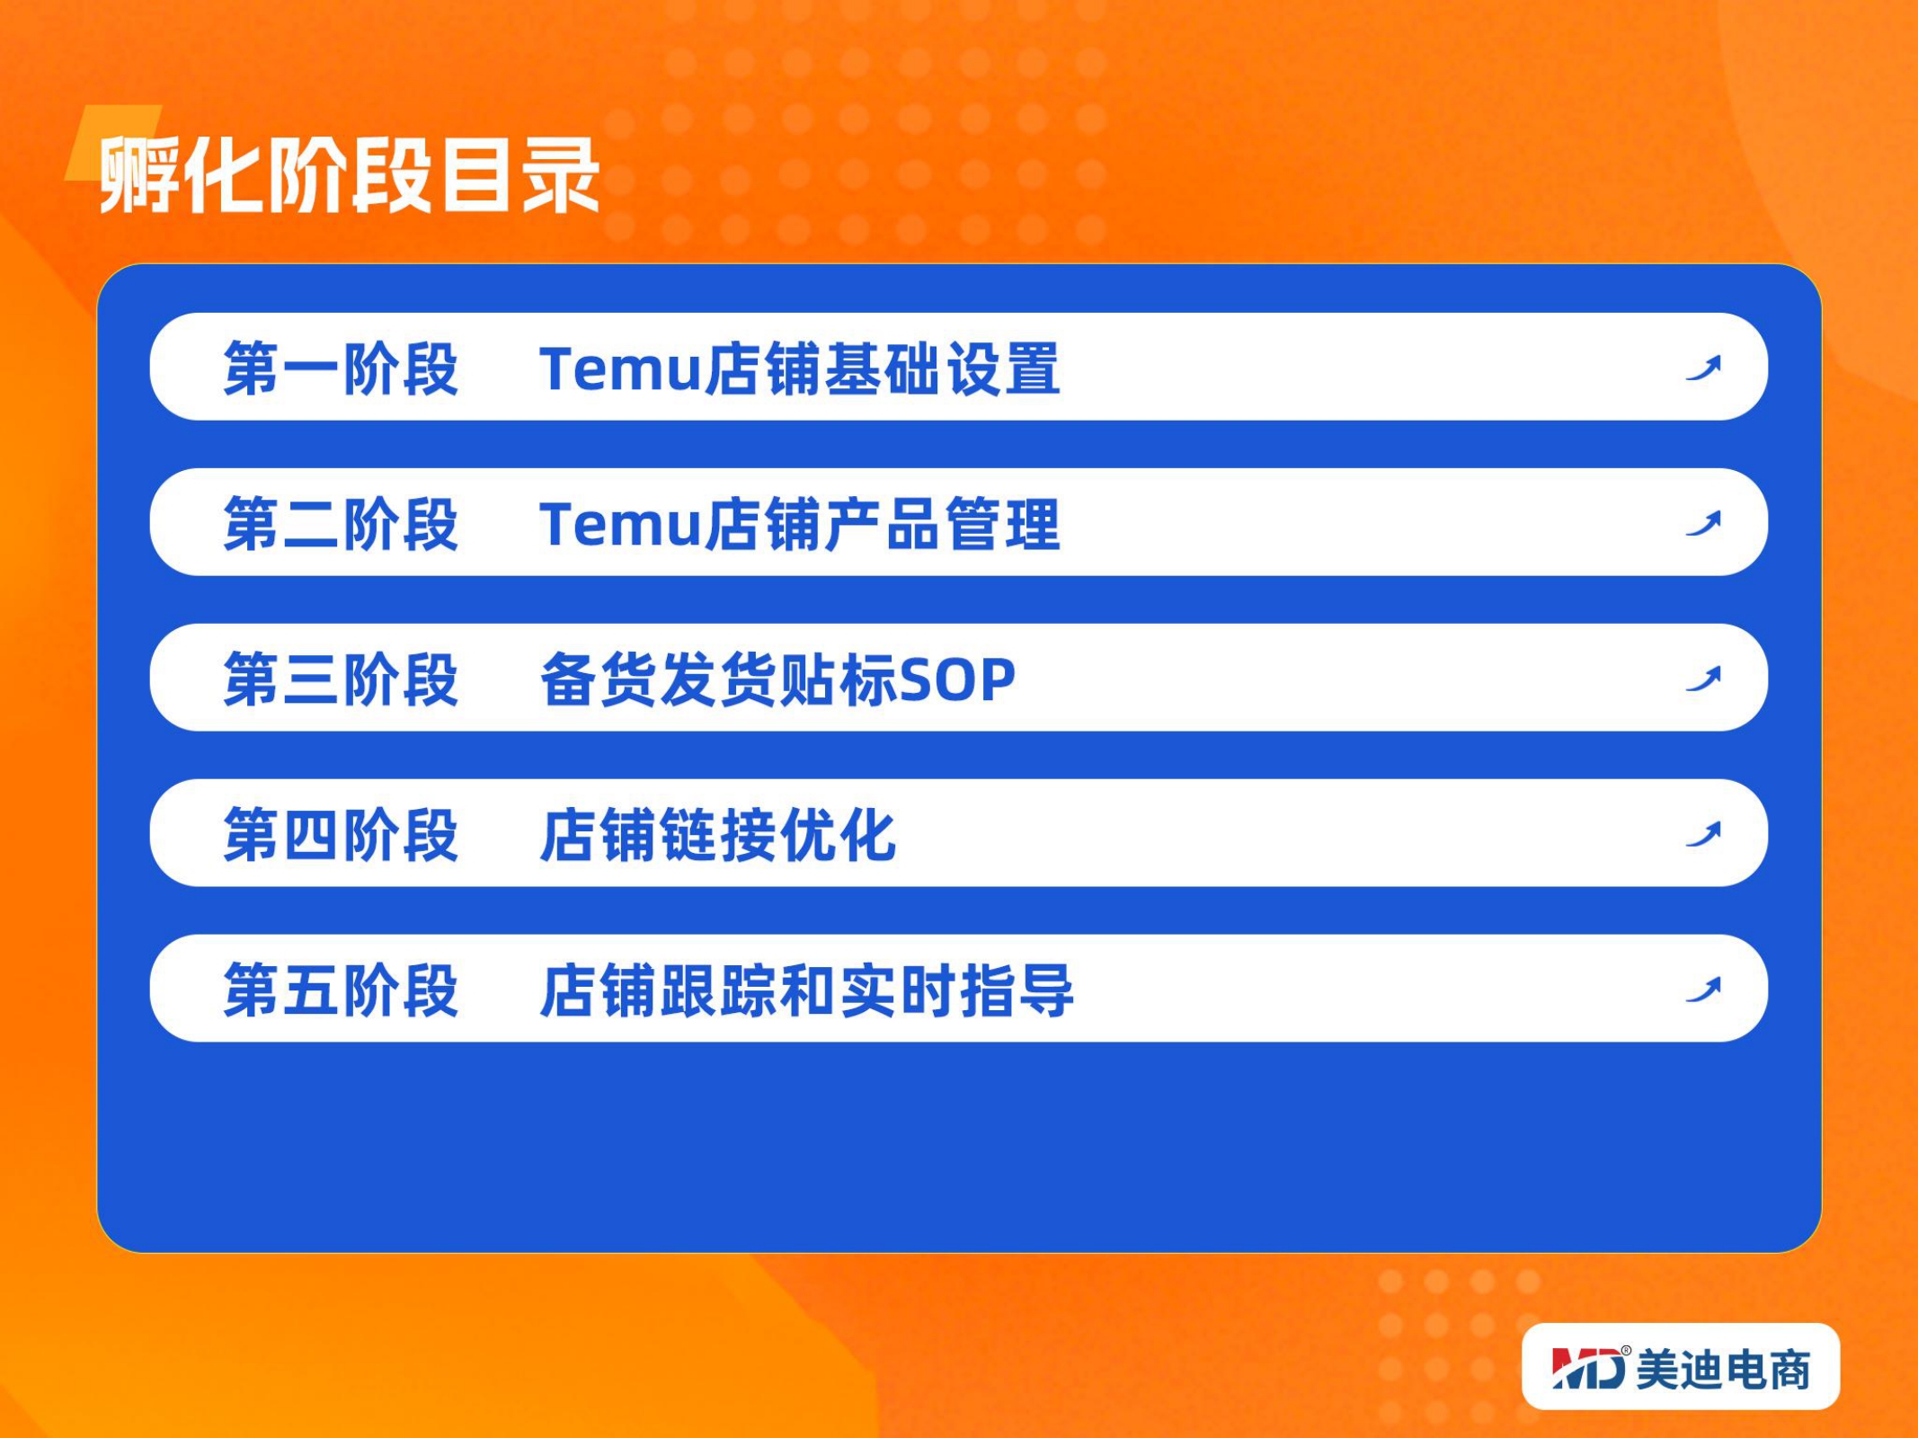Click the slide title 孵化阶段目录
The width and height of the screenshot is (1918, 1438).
click(349, 174)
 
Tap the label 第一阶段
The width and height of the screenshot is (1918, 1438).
click(342, 368)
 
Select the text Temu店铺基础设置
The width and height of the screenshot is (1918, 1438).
click(800, 368)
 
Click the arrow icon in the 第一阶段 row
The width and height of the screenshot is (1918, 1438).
click(1703, 368)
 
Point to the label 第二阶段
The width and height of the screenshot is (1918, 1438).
click(342, 524)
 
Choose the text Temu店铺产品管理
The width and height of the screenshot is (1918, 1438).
click(800, 524)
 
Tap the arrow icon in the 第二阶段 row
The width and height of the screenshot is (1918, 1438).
click(1703, 523)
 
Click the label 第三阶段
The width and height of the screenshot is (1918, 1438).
click(342, 679)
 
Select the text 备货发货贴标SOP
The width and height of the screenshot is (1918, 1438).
click(777, 679)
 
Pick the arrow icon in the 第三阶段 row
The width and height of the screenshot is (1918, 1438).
click(1703, 679)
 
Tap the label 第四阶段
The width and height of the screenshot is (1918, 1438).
click(342, 835)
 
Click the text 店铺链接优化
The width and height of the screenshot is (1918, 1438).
click(718, 835)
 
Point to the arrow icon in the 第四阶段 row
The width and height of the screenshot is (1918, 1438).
click(1703, 834)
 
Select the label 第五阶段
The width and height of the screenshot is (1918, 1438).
click(342, 990)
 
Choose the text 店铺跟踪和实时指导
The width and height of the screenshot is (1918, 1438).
click(807, 990)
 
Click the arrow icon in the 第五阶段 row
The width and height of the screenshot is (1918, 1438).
click(1703, 990)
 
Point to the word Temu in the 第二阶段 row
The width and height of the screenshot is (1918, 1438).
click(620, 525)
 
